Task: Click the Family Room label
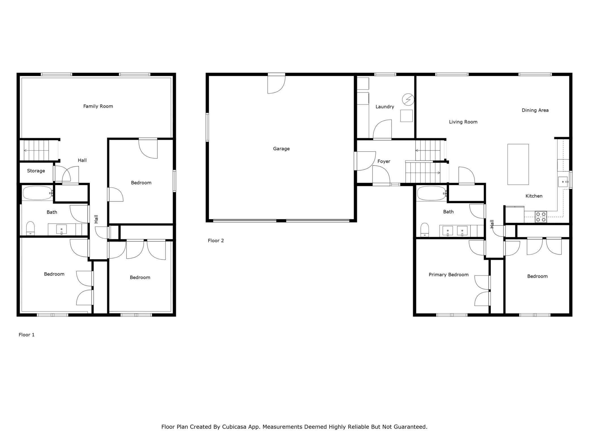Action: coord(98,106)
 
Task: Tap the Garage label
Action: coord(281,148)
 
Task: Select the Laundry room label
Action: coord(385,107)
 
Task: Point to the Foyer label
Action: coord(384,161)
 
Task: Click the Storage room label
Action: coord(36,171)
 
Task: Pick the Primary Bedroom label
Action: coord(449,275)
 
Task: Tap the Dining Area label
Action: coord(535,110)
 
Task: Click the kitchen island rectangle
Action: coord(518,164)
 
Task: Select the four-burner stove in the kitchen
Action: coord(541,217)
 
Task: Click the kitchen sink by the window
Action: coord(563,182)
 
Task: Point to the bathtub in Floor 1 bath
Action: coord(37,193)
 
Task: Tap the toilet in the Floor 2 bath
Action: coord(424,229)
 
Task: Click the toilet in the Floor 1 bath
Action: coord(30,228)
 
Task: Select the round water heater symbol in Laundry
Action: coord(408,99)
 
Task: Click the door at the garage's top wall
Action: coord(276,83)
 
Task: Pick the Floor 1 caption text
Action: coord(27,335)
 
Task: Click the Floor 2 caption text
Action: coord(216,241)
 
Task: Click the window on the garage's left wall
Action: coord(207,127)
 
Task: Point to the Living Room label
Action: coord(463,122)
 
